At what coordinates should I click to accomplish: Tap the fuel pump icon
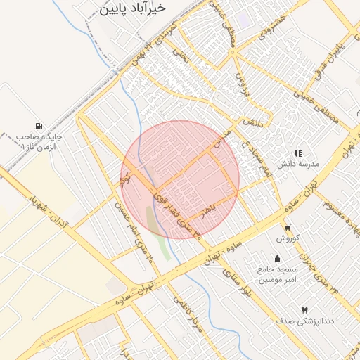pyautogui.click(x=37, y=126)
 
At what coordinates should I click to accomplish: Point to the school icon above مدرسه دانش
pyautogui.click(x=298, y=153)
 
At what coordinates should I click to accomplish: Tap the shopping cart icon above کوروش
pyautogui.click(x=288, y=228)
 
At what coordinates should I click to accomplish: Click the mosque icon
pyautogui.click(x=278, y=258)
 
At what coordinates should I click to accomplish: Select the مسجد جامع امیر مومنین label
pyautogui.click(x=278, y=274)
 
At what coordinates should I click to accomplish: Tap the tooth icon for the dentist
pyautogui.click(x=304, y=310)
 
